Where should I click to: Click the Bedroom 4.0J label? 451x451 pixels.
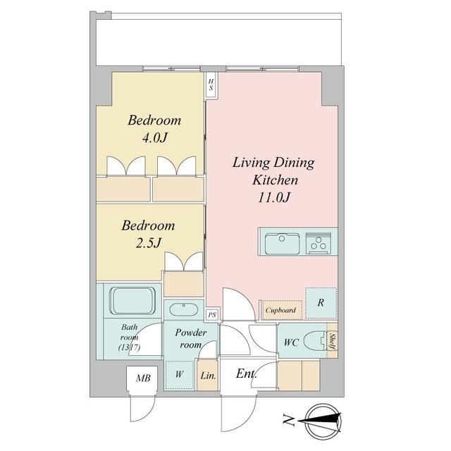(x=154, y=128)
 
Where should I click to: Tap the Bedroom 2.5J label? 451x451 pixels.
(x=148, y=234)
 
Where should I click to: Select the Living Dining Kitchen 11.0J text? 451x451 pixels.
(x=273, y=180)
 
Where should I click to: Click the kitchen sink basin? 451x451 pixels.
(x=282, y=245)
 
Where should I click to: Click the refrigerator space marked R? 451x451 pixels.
(x=321, y=303)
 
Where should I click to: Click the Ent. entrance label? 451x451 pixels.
(x=246, y=373)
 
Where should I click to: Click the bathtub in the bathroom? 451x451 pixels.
(x=133, y=302)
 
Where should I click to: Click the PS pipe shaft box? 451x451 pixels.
(x=212, y=315)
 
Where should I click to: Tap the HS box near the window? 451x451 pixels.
(x=211, y=85)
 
